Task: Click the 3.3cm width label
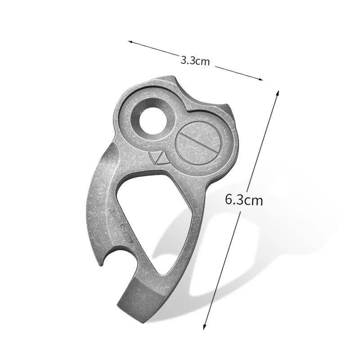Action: [195, 60]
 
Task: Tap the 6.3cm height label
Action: [244, 199]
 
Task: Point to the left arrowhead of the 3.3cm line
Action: [130, 42]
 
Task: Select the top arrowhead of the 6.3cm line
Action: [278, 93]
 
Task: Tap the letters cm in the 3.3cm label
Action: [202, 62]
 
